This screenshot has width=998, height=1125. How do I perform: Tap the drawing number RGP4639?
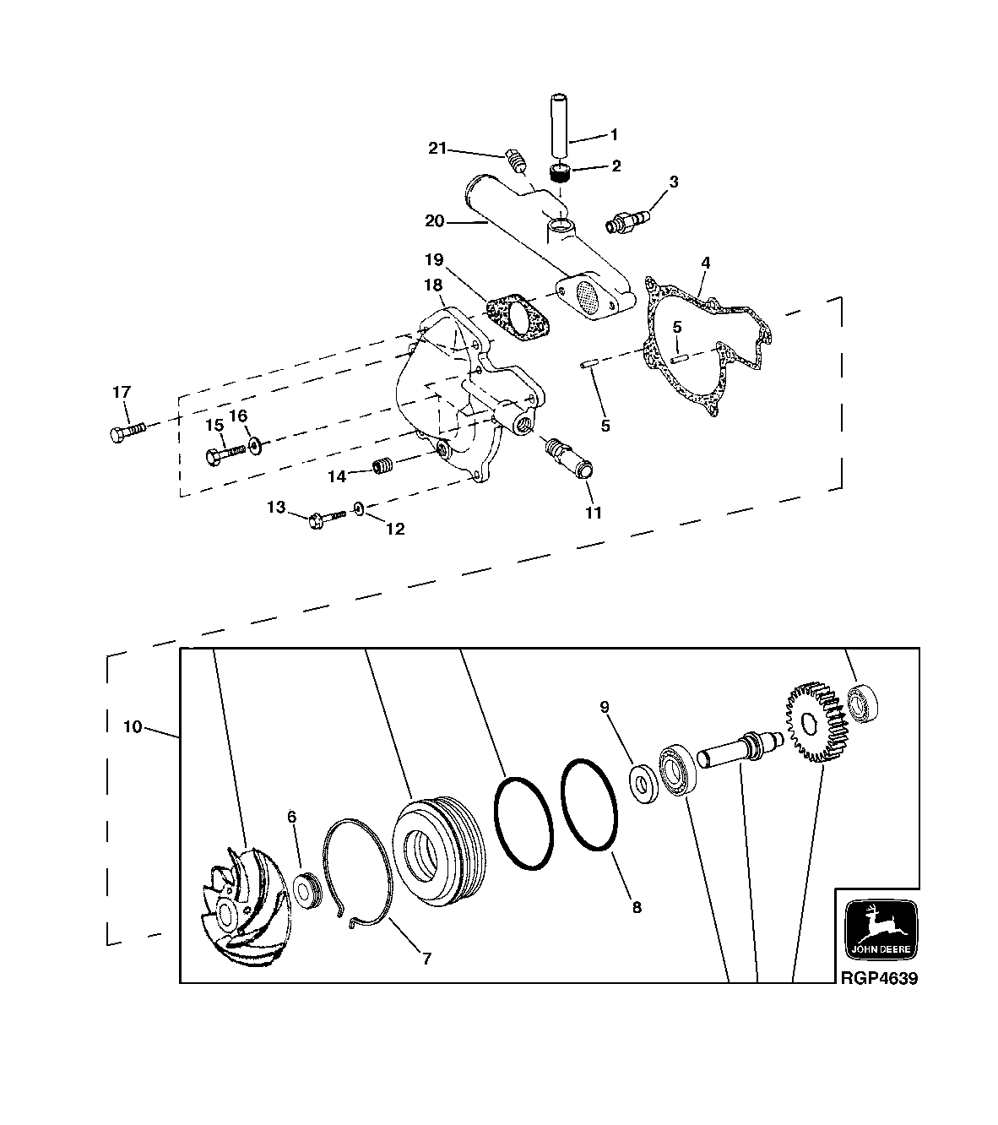(x=877, y=979)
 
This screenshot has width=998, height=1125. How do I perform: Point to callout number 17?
(x=122, y=392)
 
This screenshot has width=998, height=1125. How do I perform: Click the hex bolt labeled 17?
(x=127, y=432)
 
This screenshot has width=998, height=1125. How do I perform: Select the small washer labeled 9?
(x=644, y=782)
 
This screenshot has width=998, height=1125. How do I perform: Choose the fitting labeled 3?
(x=626, y=224)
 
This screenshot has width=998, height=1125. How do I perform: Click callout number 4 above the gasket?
(x=705, y=263)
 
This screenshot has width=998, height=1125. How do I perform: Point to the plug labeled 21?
(x=514, y=159)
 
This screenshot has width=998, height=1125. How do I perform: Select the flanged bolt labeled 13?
(x=327, y=515)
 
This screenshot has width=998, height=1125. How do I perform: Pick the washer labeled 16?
(x=254, y=444)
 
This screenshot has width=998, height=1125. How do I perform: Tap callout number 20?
(x=435, y=221)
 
